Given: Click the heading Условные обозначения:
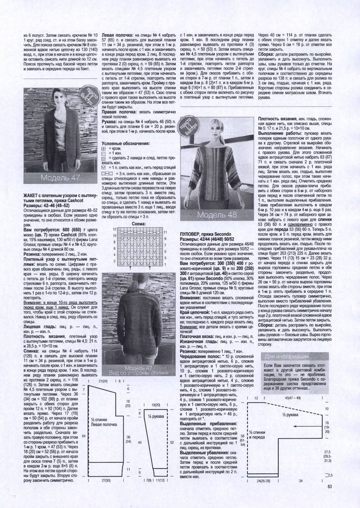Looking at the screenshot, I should (x=126, y=144).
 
